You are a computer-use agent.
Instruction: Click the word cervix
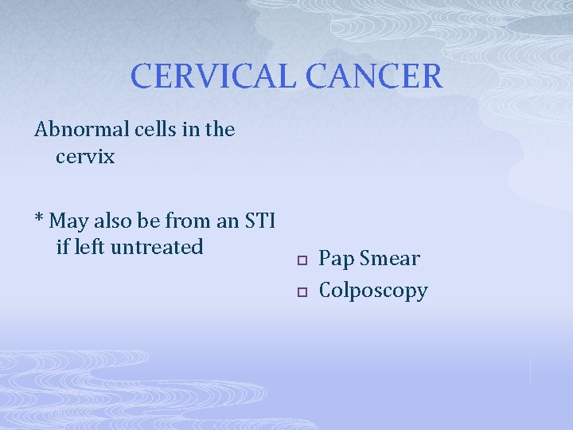pos(85,157)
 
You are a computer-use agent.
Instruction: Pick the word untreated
pos(158,247)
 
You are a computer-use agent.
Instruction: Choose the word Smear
pos(389,259)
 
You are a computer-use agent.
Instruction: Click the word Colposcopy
pos(372,291)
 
